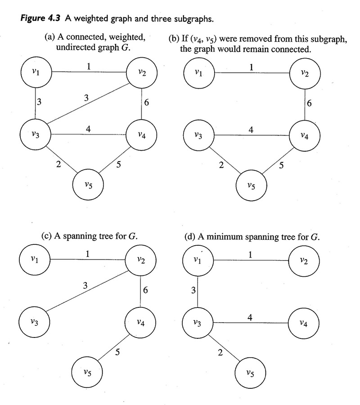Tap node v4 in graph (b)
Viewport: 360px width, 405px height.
[305, 135]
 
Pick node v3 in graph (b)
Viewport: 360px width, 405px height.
[198, 135]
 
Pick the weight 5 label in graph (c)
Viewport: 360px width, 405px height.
[117, 352]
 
